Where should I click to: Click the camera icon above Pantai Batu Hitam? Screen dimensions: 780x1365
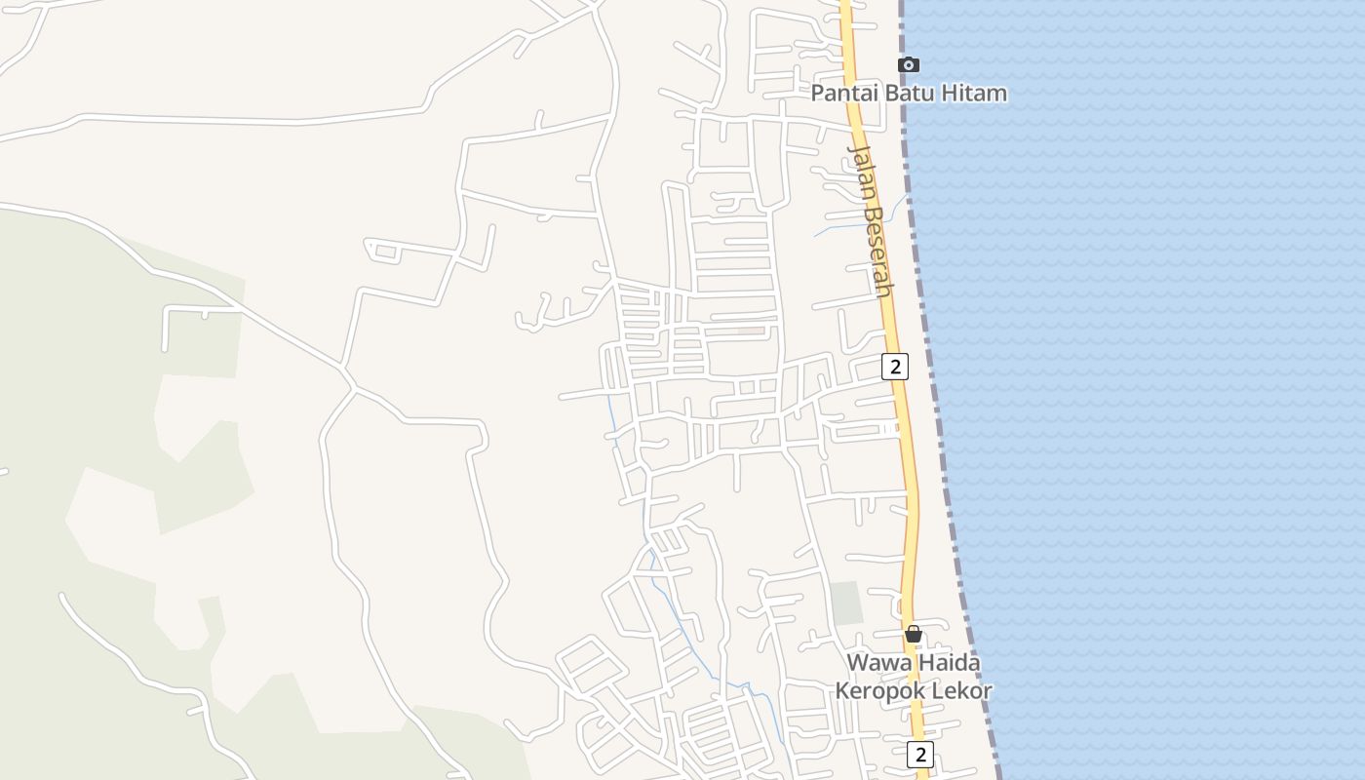[908, 65]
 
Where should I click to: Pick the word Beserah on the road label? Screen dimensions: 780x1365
[877, 251]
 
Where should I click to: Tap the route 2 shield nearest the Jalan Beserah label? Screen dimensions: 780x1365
[894, 367]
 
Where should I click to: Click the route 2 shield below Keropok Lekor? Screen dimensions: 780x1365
[919, 754]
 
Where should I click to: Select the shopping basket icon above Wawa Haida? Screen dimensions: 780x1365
[914, 634]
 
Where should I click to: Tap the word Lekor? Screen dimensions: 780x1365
[961, 691]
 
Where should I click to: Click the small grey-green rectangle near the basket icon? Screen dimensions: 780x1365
[846, 603]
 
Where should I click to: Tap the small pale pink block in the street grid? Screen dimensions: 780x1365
[750, 331]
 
